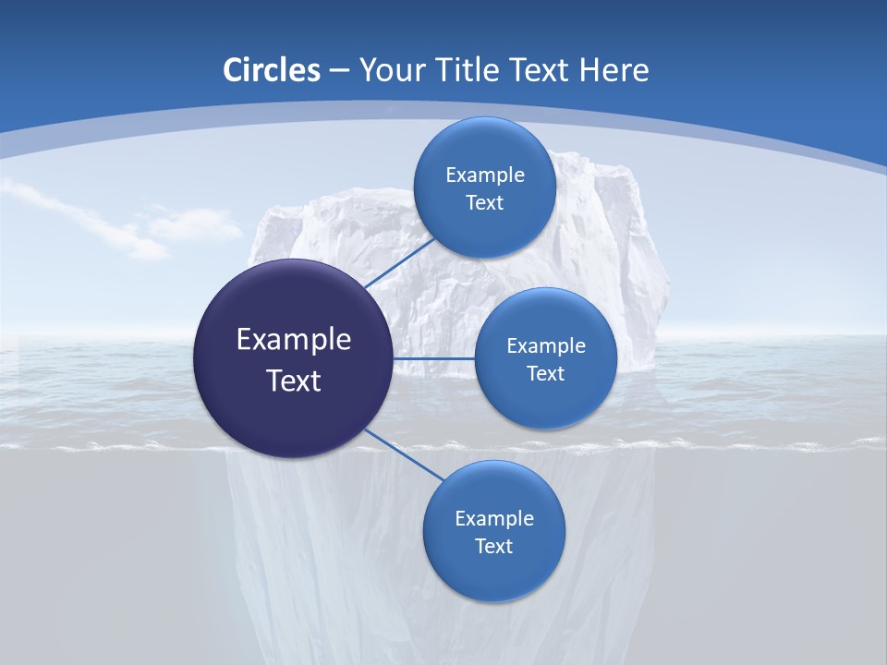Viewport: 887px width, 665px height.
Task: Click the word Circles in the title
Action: click(272, 69)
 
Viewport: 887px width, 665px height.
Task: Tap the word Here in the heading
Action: click(614, 69)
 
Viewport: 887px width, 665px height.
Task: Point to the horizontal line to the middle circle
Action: click(434, 358)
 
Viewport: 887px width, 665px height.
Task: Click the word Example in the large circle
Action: click(294, 339)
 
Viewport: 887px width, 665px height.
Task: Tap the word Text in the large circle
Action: click(294, 381)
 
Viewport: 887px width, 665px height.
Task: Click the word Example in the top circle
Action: click(485, 175)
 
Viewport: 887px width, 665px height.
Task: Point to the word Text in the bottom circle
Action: click(493, 546)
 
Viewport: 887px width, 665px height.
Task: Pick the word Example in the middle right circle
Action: click(546, 345)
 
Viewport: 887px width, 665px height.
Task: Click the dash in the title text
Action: click(338, 71)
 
